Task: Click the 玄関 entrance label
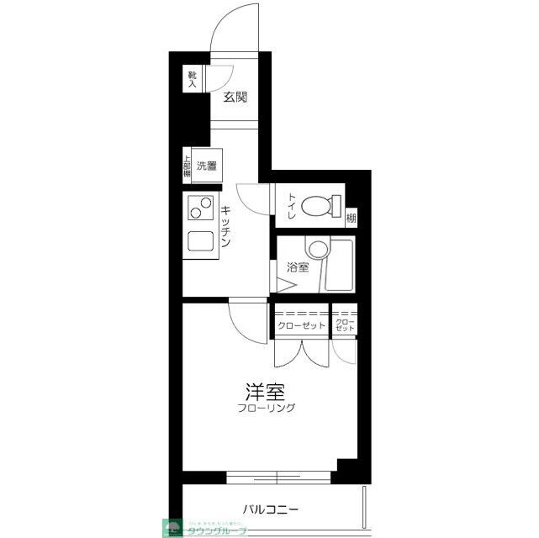(235, 97)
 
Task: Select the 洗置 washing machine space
(207, 166)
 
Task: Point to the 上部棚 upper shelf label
(187, 166)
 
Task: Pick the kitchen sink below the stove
(200, 242)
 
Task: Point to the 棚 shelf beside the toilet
(351, 218)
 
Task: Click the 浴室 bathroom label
(298, 268)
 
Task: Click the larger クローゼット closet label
(300, 325)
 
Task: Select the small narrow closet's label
(344, 325)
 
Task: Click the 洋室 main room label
(262, 392)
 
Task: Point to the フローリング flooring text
(266, 409)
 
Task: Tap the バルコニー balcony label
(272, 509)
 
